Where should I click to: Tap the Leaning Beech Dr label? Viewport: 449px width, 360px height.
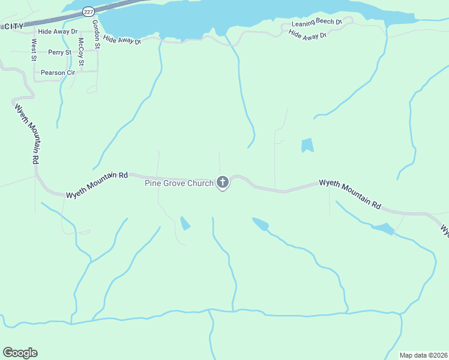[316, 23]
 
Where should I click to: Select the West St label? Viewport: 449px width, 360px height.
[34, 50]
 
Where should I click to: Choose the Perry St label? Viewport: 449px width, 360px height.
[60, 53]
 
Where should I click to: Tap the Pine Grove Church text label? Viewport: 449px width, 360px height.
[179, 183]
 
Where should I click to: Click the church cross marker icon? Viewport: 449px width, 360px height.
[223, 182]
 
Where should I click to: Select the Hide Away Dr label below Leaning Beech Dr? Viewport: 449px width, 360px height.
[307, 35]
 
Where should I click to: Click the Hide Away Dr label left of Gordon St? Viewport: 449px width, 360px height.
[58, 31]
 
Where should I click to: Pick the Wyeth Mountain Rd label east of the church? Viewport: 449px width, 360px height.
[350, 193]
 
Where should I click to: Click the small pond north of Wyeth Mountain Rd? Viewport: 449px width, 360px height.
[307, 145]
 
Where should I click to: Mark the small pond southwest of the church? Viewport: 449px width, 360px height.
[185, 223]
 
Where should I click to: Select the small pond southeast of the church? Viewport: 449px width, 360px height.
[261, 224]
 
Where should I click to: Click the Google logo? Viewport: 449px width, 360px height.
[20, 353]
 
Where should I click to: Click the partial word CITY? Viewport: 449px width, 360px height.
[13, 26]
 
